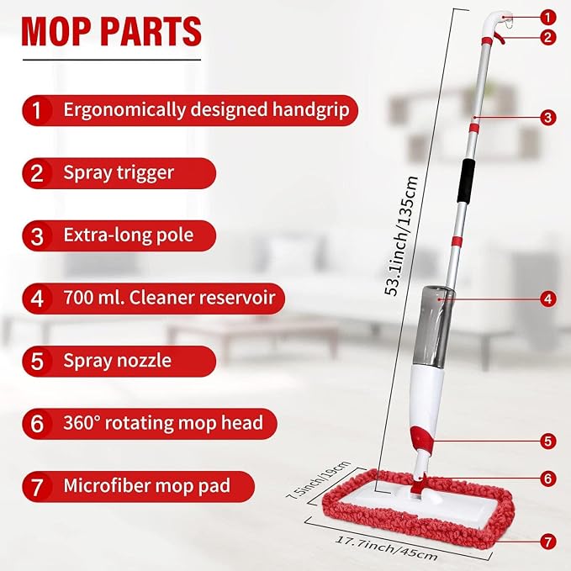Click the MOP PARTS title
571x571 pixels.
112,31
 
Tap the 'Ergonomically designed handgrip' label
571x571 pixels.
206,109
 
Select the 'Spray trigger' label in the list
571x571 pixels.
119,172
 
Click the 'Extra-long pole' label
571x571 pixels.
128,235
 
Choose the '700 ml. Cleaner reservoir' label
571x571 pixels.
169,298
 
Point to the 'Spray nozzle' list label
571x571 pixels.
117,361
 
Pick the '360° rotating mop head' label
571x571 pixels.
163,423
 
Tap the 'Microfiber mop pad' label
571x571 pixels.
147,486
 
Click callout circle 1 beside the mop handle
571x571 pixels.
547,17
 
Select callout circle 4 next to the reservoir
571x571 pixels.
547,299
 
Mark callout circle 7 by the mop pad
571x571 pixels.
547,542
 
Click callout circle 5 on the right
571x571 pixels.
547,441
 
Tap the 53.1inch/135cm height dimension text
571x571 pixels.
401,236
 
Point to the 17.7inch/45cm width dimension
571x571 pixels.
386,548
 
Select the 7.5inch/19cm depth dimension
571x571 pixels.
318,479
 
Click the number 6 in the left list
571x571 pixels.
37,424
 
